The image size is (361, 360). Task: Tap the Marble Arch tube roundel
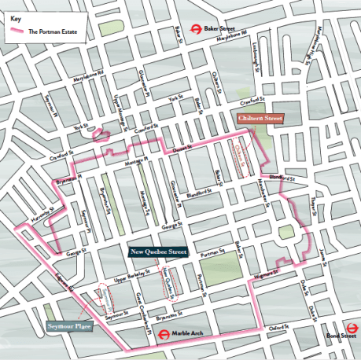pos(160,332)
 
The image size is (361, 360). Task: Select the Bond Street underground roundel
pos(317,332)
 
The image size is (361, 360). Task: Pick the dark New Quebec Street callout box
pos(158,252)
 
